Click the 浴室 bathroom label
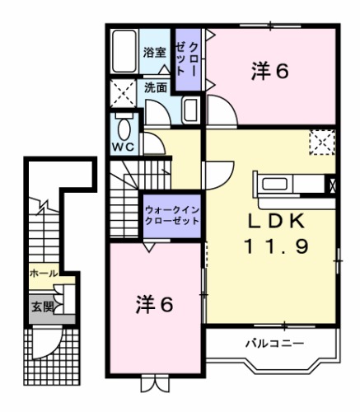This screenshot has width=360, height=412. click(154, 52)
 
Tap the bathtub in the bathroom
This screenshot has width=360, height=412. click(125, 53)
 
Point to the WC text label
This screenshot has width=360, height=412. click(124, 149)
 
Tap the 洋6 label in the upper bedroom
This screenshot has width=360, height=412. click(269, 72)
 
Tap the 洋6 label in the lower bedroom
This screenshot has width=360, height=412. click(154, 305)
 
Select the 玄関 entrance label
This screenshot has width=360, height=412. click(40, 307)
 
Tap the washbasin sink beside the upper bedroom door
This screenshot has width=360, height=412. click(190, 110)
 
